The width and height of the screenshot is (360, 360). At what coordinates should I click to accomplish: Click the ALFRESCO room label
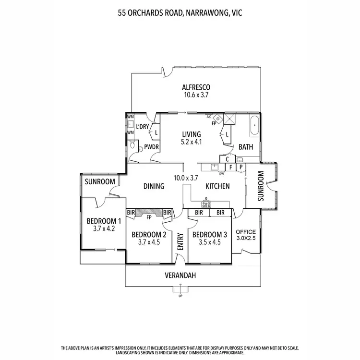click(x=197, y=87)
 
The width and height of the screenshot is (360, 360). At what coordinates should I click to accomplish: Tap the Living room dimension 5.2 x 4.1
click(x=191, y=142)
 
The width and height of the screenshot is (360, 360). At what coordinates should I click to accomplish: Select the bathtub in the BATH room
click(x=254, y=125)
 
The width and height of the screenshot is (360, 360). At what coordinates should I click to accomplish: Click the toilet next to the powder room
click(x=132, y=146)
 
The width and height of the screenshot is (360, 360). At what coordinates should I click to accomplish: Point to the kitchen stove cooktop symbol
click(x=206, y=204)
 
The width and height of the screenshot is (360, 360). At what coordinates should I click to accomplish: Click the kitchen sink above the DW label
click(x=215, y=167)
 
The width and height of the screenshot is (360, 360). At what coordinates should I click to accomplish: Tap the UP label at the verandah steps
click(x=180, y=296)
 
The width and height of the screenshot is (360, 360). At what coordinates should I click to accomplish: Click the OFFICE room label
click(x=246, y=232)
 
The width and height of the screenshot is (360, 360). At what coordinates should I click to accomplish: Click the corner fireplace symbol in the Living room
click(x=218, y=118)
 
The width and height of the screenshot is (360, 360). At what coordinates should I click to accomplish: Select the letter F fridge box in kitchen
click(x=230, y=167)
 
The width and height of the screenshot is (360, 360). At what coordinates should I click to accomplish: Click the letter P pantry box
click(x=240, y=167)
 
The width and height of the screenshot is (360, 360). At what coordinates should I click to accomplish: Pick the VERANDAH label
click(x=180, y=276)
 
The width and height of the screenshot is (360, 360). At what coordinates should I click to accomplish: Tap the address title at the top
click(x=180, y=13)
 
